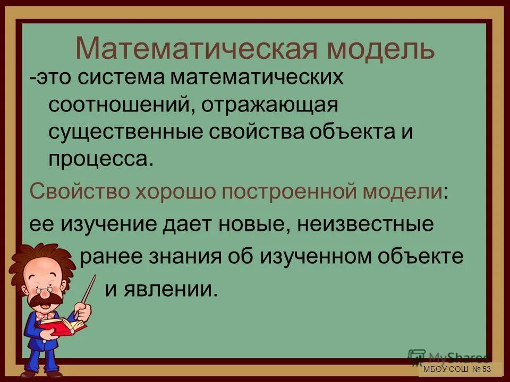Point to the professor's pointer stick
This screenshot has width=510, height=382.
88,294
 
